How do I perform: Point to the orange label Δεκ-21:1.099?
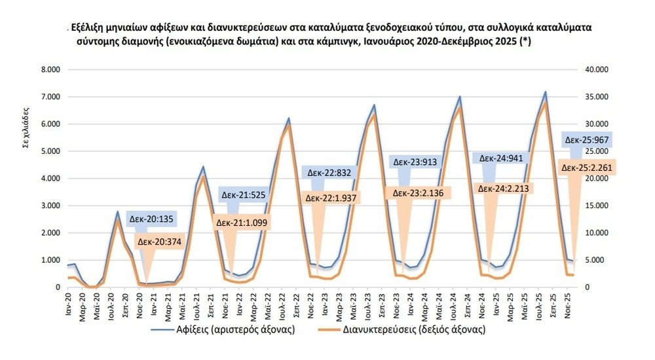[x=242, y=223]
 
